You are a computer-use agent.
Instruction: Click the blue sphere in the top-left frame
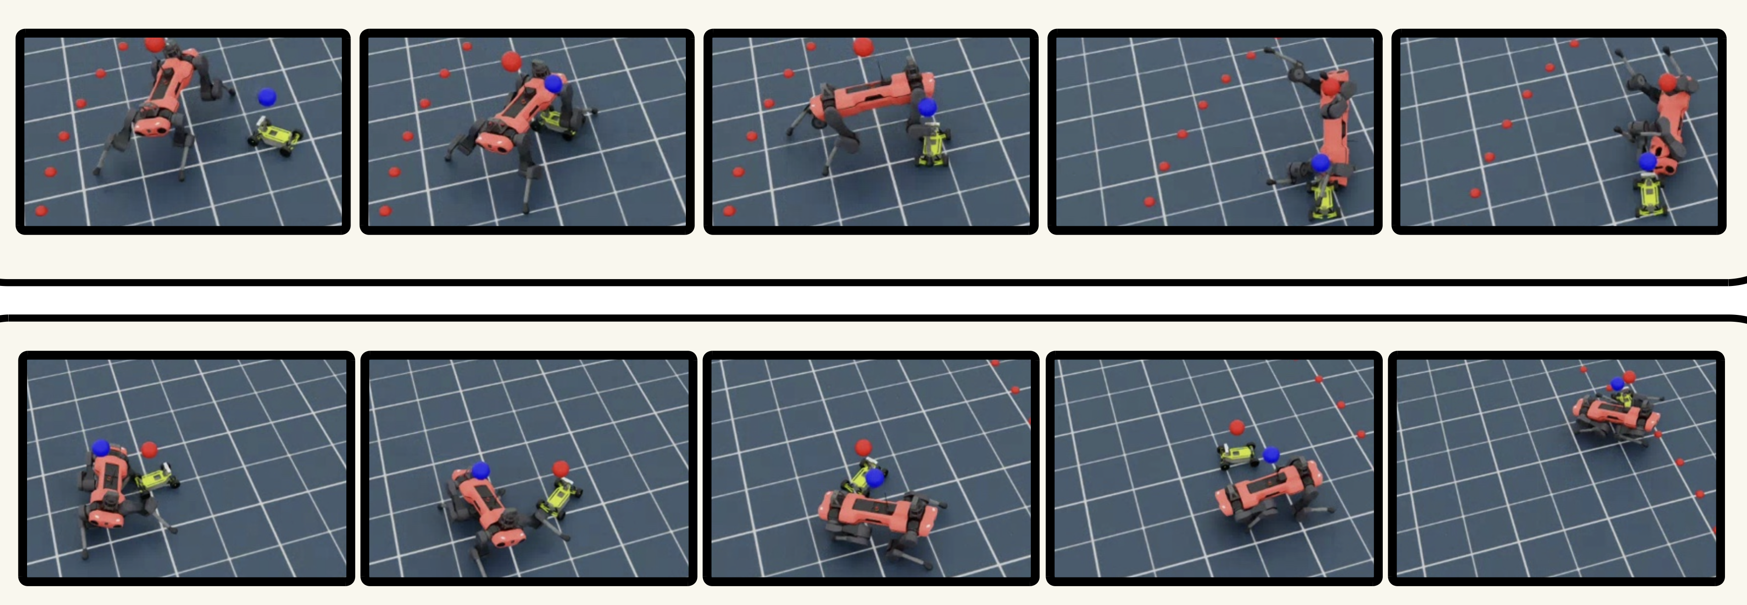(x=268, y=97)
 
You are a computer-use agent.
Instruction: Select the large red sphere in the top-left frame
(x=155, y=45)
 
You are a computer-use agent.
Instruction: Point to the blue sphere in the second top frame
(x=553, y=84)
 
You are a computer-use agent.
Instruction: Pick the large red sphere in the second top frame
(x=512, y=62)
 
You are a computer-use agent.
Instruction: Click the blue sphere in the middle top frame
(x=927, y=107)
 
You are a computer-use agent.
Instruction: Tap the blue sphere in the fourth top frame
(x=1320, y=163)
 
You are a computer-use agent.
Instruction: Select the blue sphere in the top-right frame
(x=1648, y=162)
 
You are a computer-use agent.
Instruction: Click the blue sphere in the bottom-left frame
(x=100, y=448)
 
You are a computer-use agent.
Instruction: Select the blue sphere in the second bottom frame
(x=480, y=470)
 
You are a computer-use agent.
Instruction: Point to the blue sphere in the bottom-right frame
(x=1618, y=384)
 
